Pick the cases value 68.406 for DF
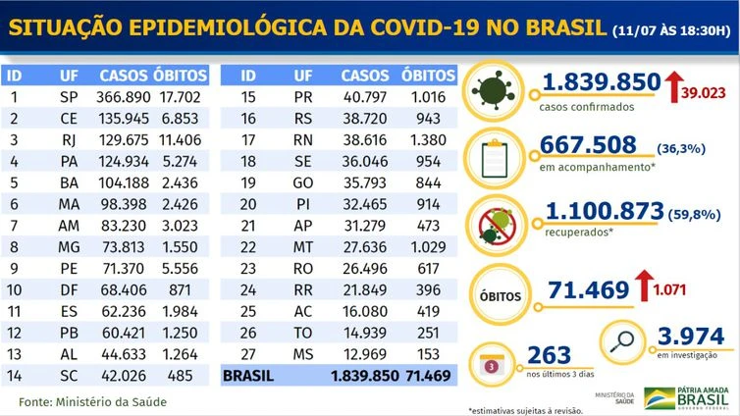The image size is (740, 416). click(x=126, y=289)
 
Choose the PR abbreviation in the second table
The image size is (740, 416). click(x=303, y=97)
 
